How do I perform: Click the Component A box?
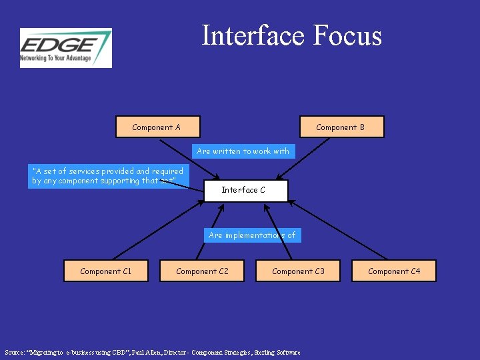[x=157, y=127]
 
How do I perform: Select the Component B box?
[x=341, y=127]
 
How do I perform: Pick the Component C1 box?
[x=106, y=271]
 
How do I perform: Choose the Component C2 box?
[x=202, y=271]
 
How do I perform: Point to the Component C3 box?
[x=298, y=271]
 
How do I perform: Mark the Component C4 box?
[x=394, y=271]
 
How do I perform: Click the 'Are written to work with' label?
[x=243, y=151]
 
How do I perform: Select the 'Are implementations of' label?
[x=252, y=235]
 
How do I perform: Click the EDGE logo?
[x=65, y=47]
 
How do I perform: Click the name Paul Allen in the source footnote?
[x=145, y=352]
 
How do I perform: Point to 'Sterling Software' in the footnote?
[x=277, y=352]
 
